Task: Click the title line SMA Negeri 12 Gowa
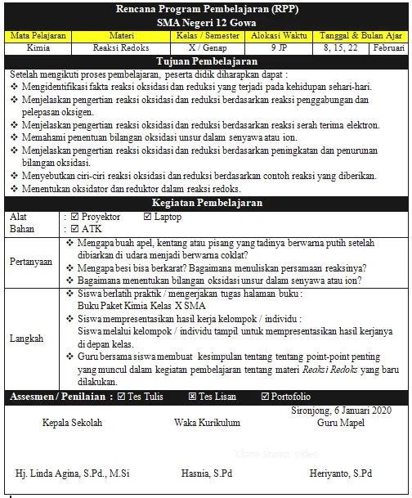coord(205,25)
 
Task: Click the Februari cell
coord(387,48)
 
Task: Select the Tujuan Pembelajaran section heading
coord(205,62)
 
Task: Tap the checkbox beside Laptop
coord(147,217)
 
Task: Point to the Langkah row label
coord(26,337)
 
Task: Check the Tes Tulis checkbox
coord(122,397)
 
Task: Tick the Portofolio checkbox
coord(265,397)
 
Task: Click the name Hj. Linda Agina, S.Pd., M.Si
coord(65,473)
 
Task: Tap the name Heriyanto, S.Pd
coord(341,473)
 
